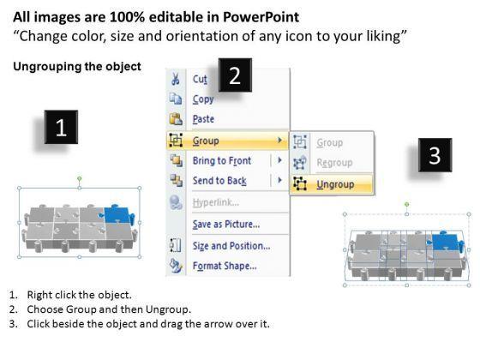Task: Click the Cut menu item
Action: tap(200, 79)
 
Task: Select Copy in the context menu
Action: tap(203, 99)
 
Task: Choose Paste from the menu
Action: tap(203, 119)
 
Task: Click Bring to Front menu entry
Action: tap(222, 161)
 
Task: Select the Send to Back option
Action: tap(219, 181)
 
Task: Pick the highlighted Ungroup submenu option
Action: tap(335, 184)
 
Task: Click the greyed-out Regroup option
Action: tap(334, 163)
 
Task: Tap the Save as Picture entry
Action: tap(226, 224)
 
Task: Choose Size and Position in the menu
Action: tap(231, 246)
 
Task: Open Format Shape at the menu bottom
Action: tap(225, 266)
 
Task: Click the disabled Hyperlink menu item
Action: tap(216, 202)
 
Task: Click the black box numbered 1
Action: tap(61, 127)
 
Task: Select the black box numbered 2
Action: tap(235, 75)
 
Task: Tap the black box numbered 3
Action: tap(435, 155)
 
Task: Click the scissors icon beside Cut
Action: tap(176, 79)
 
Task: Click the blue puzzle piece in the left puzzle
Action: tap(117, 214)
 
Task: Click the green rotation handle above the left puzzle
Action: tap(80, 178)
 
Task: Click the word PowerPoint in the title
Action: tap(261, 17)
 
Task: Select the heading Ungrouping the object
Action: tap(77, 67)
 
